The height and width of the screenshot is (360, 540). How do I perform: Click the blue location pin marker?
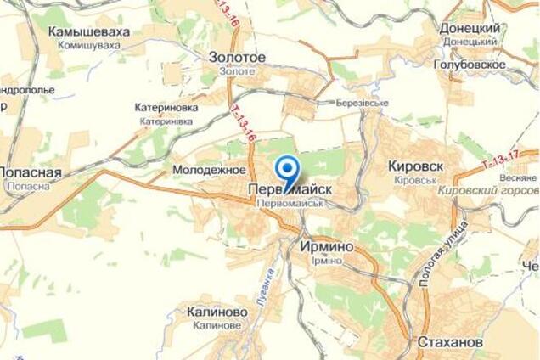pos(287,170)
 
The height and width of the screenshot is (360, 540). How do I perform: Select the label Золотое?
pos(237,58)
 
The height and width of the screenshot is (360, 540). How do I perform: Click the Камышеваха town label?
pos(89,31)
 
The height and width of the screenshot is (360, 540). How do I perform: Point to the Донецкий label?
pos(469,28)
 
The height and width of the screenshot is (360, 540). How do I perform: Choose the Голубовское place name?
pos(469,64)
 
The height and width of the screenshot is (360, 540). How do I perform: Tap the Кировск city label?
pos(414,166)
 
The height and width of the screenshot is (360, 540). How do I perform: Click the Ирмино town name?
pos(321,245)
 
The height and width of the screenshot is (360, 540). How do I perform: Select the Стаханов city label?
pos(450,341)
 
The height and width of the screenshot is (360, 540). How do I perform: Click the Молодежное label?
pos(209,170)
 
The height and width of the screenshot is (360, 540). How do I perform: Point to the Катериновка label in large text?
pos(166,108)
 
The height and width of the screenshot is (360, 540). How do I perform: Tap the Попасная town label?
pos(31,172)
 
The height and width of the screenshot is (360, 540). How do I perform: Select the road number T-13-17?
pos(499,157)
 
